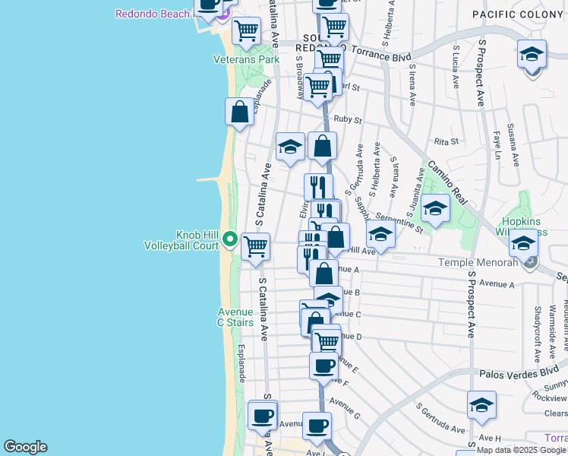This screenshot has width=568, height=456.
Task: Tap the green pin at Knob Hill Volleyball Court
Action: [x=231, y=241]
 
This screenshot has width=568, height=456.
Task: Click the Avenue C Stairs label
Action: [x=235, y=317]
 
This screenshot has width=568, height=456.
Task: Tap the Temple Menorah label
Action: [x=479, y=262]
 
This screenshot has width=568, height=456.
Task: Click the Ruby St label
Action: [x=348, y=119]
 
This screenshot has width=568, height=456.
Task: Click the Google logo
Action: [x=25, y=447]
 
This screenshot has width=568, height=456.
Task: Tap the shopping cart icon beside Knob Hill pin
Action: [x=256, y=246]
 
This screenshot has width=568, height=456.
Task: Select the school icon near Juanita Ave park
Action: [x=436, y=208]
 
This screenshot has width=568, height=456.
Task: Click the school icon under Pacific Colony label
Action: [x=532, y=54]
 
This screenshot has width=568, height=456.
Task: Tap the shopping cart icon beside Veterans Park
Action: [x=246, y=31]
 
